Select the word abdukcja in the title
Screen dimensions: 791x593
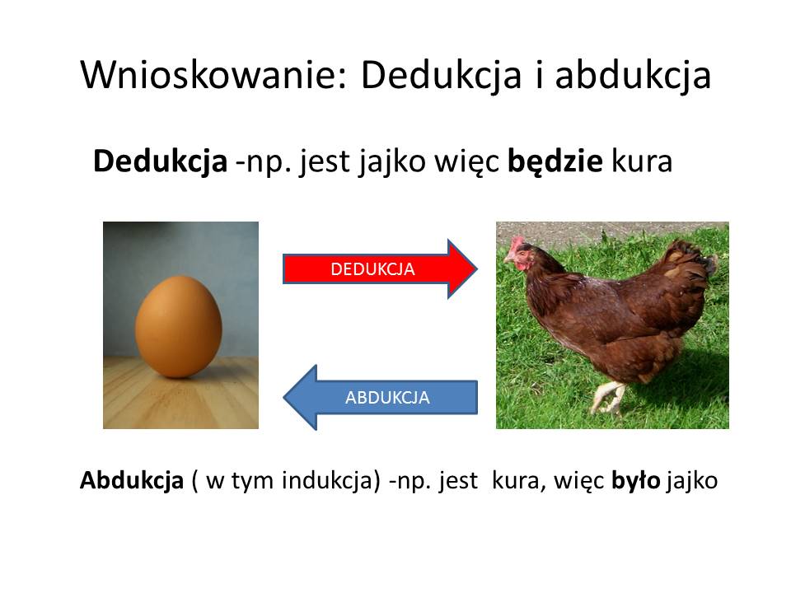(x=633, y=76)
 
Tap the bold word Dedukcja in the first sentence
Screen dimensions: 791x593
(x=161, y=161)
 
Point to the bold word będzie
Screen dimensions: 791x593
(x=555, y=162)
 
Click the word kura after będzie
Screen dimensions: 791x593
(x=642, y=162)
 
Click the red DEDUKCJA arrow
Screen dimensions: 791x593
(x=379, y=268)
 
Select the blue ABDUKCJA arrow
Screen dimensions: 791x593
(x=381, y=397)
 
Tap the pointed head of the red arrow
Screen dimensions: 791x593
(x=475, y=268)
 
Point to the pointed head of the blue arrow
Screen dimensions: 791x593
(x=285, y=397)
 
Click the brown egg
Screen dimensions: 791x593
(x=179, y=326)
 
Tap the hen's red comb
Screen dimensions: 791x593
(x=516, y=244)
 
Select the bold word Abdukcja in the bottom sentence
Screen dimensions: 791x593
(x=132, y=480)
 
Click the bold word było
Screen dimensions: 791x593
(x=635, y=480)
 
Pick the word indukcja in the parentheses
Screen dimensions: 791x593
(x=327, y=480)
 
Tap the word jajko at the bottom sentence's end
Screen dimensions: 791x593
(x=691, y=481)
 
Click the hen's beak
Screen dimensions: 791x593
(x=507, y=258)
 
